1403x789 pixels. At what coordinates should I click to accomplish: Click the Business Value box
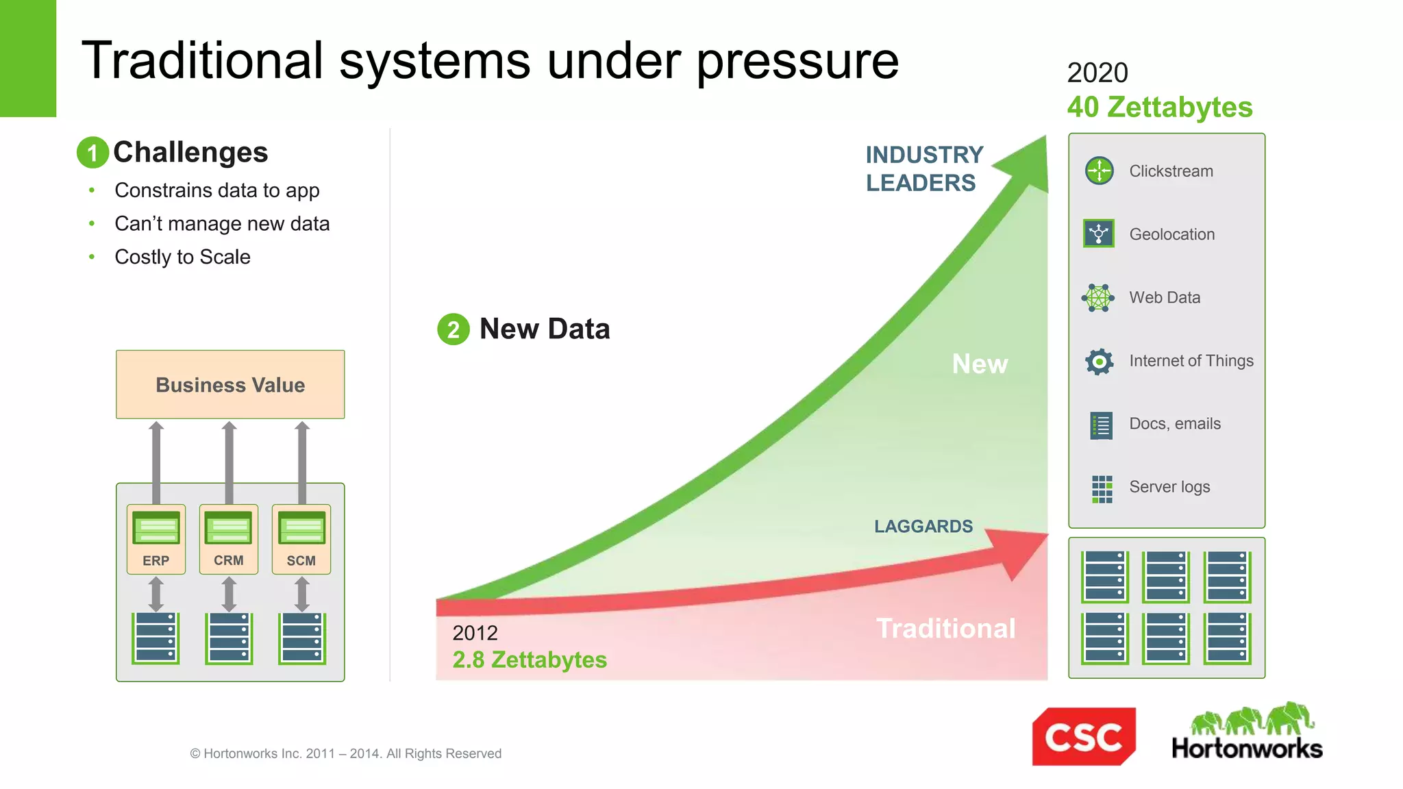[x=230, y=384]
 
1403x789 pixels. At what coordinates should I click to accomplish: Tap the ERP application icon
[x=156, y=528]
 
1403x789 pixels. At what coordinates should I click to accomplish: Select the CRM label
[x=228, y=560]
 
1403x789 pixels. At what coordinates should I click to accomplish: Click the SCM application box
[x=301, y=539]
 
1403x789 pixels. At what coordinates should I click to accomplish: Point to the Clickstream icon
[x=1100, y=171]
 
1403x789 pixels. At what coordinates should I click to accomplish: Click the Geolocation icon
[x=1099, y=234]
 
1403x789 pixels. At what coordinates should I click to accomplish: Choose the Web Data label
[x=1165, y=297]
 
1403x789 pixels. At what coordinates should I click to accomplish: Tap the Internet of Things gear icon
[x=1100, y=361]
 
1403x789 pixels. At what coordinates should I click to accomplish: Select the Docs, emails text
[x=1175, y=424]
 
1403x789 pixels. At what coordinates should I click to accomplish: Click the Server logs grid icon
[x=1102, y=489]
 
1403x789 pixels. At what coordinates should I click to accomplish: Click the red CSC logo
[x=1084, y=737]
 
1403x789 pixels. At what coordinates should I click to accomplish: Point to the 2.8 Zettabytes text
[x=530, y=660]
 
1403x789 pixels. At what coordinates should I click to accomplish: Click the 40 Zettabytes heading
[x=1160, y=108]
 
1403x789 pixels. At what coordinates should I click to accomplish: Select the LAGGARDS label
[x=923, y=526]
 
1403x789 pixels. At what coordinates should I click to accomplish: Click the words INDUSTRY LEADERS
[x=924, y=169]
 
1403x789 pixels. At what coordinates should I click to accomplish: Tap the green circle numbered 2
[x=454, y=329]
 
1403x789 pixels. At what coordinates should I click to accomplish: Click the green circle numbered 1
[x=92, y=152]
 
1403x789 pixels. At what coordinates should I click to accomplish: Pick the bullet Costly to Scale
[x=182, y=257]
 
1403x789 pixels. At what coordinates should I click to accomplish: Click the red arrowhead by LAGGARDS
[x=1021, y=552]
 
